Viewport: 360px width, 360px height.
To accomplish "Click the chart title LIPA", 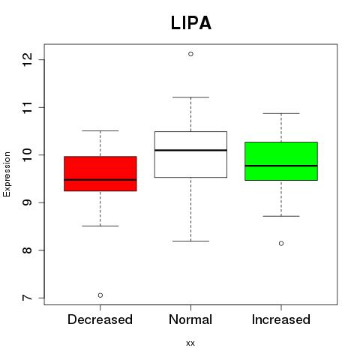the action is tap(191, 23).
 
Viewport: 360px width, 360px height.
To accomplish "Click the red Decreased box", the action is tap(100, 173).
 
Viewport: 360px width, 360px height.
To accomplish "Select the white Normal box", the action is tap(190, 154).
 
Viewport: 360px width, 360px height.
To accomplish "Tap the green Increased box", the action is tap(281, 161).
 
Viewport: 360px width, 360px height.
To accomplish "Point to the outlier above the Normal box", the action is tap(190, 54).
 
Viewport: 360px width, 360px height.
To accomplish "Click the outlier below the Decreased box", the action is tap(100, 295).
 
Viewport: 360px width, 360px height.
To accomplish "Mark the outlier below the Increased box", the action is tap(281, 243).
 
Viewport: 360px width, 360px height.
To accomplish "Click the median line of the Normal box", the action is tap(190, 150).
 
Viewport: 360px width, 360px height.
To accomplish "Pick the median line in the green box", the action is tap(281, 166).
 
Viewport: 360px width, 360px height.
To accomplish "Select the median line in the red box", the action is tap(100, 179).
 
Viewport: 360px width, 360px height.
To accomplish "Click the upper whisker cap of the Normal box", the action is tap(190, 97).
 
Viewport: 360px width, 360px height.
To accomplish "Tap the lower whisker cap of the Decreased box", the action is tap(100, 226).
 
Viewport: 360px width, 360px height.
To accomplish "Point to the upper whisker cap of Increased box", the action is tap(281, 113).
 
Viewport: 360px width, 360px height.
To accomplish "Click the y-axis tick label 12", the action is tap(28, 59).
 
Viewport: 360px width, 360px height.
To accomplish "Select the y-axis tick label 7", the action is tap(28, 298).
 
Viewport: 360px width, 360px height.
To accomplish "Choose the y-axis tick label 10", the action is tap(28, 155).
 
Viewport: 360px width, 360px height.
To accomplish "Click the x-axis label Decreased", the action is tap(100, 319).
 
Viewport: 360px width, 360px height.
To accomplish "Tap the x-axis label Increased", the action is tap(281, 319).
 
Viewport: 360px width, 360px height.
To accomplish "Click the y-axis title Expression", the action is tap(7, 174).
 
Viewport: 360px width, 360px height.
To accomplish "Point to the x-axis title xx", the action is tap(190, 343).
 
